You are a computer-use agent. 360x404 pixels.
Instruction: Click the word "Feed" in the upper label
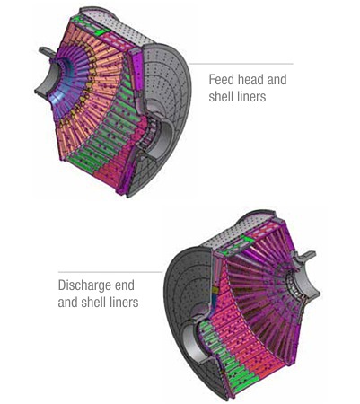pos(221,80)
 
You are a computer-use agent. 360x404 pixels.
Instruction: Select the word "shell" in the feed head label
pos(220,96)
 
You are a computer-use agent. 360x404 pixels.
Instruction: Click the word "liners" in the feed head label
pos(250,96)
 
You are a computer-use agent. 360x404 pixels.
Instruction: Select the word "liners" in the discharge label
pos(123,302)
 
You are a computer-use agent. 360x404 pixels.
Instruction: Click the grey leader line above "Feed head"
pos(241,64)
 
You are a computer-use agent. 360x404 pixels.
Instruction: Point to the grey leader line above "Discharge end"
pos(110,272)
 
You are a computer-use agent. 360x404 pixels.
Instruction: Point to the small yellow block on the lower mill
pos(215,291)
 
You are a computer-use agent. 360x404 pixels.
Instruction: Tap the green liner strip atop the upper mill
pos(87,25)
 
